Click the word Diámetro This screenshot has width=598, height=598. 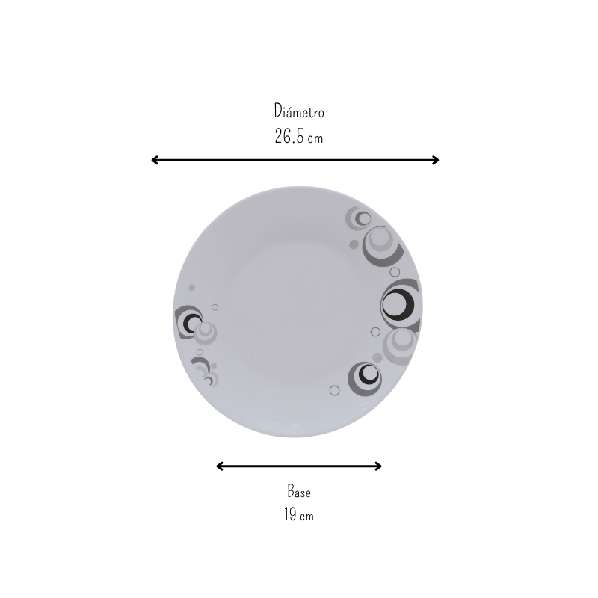(x=299, y=111)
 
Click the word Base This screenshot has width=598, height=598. (x=299, y=491)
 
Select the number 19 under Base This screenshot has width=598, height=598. (x=290, y=514)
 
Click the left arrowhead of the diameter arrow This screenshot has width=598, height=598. (x=155, y=160)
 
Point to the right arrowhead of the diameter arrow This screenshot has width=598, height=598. (x=436, y=160)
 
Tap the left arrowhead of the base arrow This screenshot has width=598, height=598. (x=219, y=466)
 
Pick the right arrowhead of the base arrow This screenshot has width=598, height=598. (x=378, y=466)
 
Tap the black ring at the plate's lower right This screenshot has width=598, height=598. (x=360, y=376)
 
